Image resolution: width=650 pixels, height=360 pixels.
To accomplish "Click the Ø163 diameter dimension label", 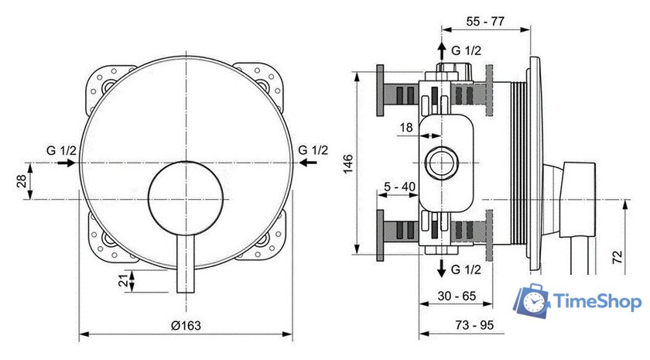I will point(186,326).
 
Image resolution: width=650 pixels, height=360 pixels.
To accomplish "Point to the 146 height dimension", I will point(348,163).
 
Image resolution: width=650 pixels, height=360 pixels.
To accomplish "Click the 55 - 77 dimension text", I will point(486,22).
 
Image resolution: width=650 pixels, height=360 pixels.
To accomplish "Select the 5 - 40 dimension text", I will point(400,187).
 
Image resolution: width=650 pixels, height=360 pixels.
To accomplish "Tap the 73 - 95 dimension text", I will point(474,324).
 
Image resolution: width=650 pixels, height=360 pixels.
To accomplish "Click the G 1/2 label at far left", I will point(60,149).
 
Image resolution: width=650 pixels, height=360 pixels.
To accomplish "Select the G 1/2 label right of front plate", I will point(313,149).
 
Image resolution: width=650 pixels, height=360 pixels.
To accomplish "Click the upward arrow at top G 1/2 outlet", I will point(441,51).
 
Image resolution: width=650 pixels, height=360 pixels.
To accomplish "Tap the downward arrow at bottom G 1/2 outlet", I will point(441,269).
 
